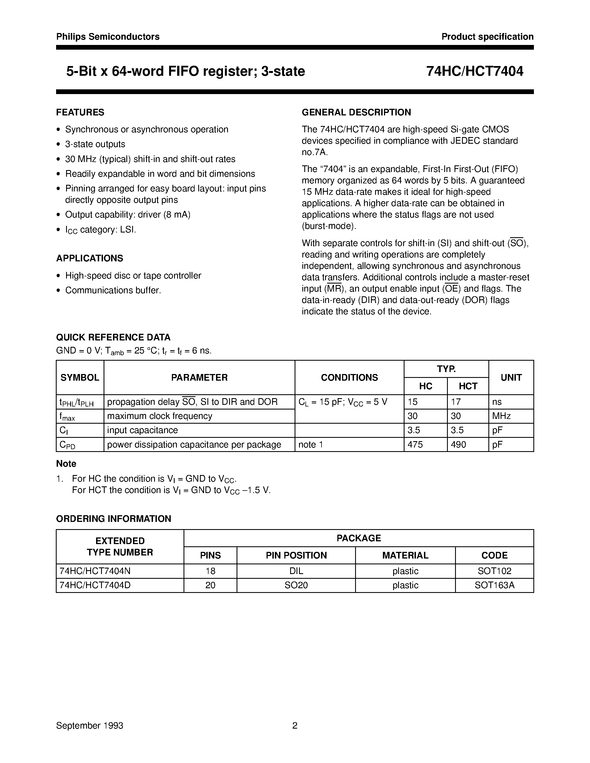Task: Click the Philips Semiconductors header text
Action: pos(108,37)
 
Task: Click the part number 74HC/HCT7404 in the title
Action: pos(475,71)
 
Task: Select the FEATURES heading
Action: pos(80,112)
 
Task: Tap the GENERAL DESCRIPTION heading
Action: pos(356,112)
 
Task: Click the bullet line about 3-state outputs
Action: pos(95,144)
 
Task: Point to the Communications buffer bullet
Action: pos(113,290)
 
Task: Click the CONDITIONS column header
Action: pos(349,377)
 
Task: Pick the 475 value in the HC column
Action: pos(415,444)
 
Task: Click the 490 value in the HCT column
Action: pos(458,444)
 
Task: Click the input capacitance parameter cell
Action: pos(142,430)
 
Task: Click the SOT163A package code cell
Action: pos(494,585)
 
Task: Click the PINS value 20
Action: pos(210,585)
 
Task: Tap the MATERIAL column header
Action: pos(405,555)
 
